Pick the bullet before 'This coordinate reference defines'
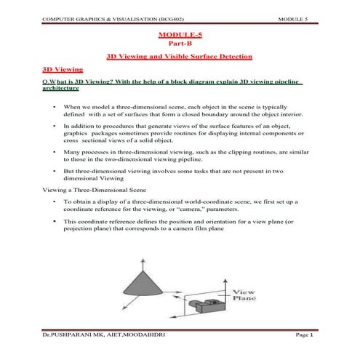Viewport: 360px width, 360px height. click(x=56, y=220)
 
